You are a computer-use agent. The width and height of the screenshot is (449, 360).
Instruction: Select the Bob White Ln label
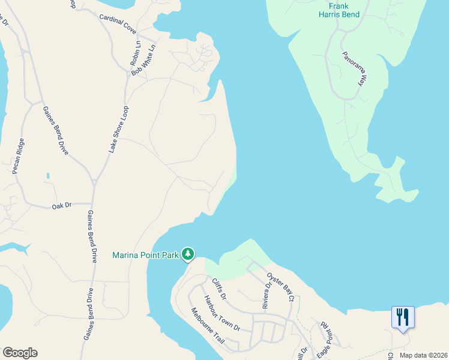click(x=143, y=59)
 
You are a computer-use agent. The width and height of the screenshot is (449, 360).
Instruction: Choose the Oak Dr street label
click(x=61, y=205)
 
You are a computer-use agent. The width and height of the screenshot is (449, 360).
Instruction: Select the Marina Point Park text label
click(x=146, y=256)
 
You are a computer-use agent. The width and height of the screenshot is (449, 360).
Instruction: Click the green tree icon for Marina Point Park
click(x=188, y=254)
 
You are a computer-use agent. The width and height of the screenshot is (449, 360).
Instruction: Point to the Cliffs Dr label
click(x=219, y=289)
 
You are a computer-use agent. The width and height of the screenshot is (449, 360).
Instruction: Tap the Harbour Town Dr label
click(x=221, y=313)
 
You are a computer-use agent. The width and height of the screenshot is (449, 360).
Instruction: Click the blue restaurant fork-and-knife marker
click(x=402, y=317)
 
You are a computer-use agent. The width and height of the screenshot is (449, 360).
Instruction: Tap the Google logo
click(x=20, y=353)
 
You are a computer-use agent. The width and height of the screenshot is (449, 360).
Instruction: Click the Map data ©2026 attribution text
click(x=423, y=355)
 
